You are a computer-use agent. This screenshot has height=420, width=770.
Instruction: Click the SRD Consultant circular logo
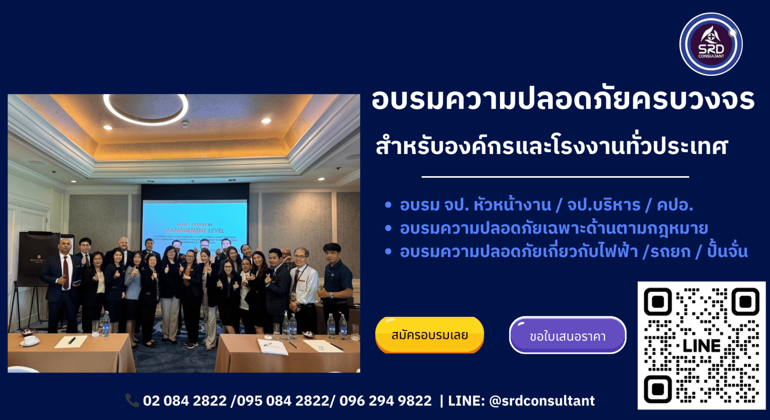[x=711, y=44]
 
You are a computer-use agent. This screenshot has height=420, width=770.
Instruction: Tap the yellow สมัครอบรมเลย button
[x=430, y=335]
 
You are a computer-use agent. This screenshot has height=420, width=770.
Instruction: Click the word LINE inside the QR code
[x=701, y=346]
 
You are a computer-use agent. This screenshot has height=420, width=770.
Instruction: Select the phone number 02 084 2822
[x=185, y=401]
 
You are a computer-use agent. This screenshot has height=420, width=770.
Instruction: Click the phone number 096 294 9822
[x=385, y=401]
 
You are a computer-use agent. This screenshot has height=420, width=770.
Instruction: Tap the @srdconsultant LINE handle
[x=542, y=401]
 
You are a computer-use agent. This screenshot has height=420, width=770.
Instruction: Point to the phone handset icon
[x=132, y=400]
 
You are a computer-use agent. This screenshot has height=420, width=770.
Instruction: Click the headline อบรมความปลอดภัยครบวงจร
[x=563, y=99]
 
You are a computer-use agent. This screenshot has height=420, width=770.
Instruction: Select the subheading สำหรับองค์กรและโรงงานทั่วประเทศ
[x=552, y=146]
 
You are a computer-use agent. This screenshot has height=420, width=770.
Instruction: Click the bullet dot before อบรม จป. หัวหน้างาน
[x=388, y=205]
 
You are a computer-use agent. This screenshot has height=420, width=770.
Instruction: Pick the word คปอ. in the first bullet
[x=675, y=205]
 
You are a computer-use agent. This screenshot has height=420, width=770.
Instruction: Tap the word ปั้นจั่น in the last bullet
[x=727, y=252]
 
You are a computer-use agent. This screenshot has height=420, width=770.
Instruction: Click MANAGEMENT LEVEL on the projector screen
[x=195, y=231]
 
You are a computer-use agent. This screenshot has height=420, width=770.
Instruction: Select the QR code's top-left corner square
[x=658, y=302]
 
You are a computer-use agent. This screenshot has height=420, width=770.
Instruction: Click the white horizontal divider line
[x=555, y=177]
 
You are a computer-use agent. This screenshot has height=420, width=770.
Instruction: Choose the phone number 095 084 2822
[x=283, y=401]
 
